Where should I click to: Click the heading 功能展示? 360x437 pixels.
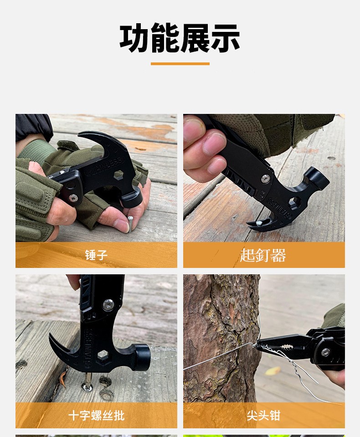click(x=180, y=38)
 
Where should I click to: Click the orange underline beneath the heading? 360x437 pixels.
click(x=180, y=64)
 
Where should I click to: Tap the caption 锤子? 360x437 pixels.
click(x=96, y=255)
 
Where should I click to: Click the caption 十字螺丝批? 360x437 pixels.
click(x=96, y=416)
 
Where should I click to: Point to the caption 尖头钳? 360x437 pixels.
click(x=263, y=416)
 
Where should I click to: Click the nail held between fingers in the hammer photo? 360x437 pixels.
click(x=130, y=223)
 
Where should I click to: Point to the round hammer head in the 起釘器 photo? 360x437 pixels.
click(x=317, y=177)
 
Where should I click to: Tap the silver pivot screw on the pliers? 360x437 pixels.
click(x=325, y=352)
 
